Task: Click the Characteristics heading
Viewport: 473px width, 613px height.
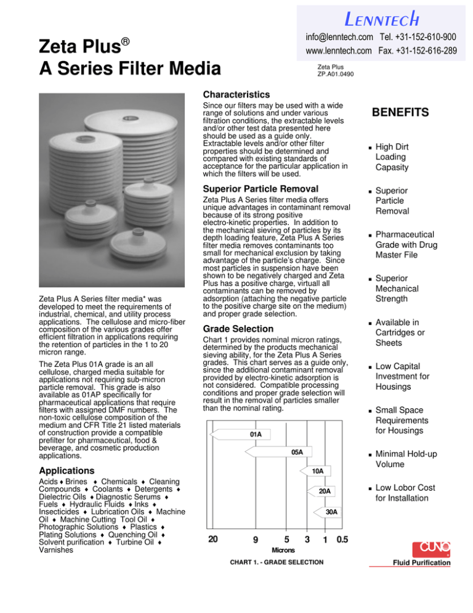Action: tap(238, 95)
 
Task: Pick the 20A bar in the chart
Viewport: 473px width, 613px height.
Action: tap(324, 490)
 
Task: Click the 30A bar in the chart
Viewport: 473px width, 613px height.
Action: tap(331, 511)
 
